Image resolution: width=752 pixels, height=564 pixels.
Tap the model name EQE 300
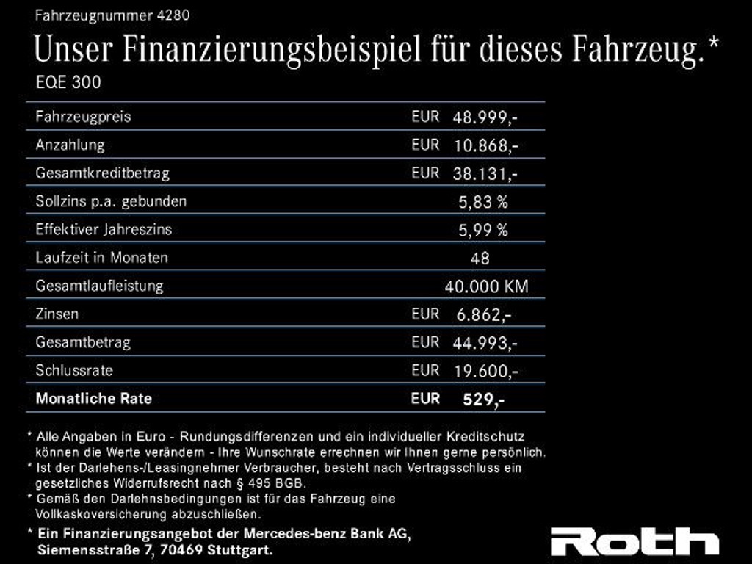pyautogui.click(x=68, y=82)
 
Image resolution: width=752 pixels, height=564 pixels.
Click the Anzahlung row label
pyautogui.click(x=70, y=145)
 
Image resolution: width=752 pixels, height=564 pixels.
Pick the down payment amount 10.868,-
pyautogui.click(x=485, y=145)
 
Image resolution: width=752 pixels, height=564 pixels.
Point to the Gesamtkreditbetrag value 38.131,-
pyautogui.click(x=485, y=174)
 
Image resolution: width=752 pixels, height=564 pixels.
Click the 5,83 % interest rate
pyautogui.click(x=483, y=201)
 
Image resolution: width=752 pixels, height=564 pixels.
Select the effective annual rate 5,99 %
pyautogui.click(x=483, y=230)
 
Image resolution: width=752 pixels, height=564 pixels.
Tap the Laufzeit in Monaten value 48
pyautogui.click(x=480, y=258)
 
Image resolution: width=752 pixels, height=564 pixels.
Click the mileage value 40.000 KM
pyautogui.click(x=486, y=286)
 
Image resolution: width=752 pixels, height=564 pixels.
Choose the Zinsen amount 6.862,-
pyautogui.click(x=484, y=315)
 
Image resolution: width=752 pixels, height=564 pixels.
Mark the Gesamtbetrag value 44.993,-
pyautogui.click(x=485, y=343)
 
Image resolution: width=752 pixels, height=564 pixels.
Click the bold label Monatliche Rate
pyautogui.click(x=93, y=399)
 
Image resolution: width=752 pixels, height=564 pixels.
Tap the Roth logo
pyautogui.click(x=635, y=541)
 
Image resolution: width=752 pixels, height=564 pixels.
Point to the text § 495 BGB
pyautogui.click(x=273, y=482)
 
